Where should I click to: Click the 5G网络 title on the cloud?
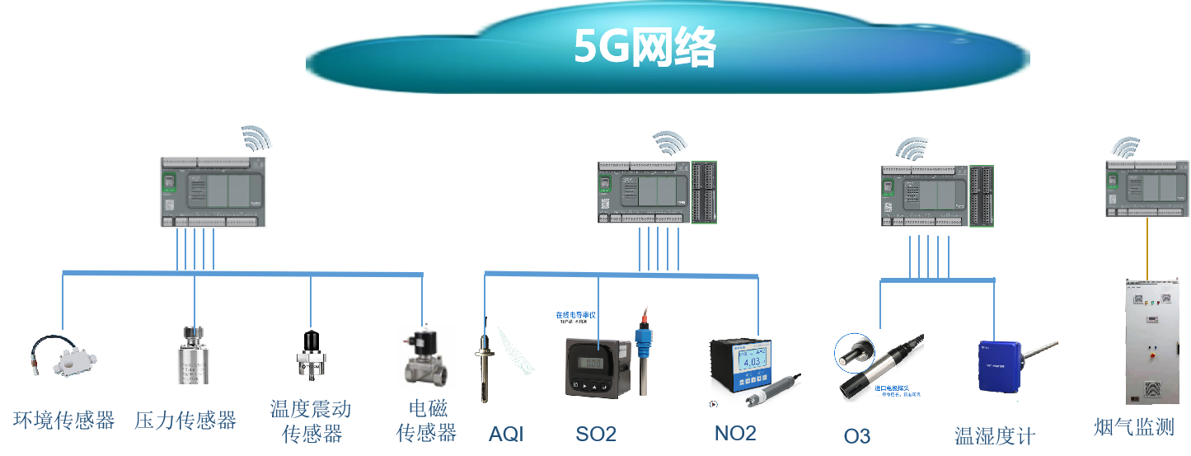(645, 49)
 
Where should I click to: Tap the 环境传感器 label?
(64, 421)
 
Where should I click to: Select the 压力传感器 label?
(185, 421)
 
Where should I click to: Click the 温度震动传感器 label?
(311, 421)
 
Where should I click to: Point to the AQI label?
(506, 434)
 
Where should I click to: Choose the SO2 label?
(595, 434)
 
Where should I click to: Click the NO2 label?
(735, 433)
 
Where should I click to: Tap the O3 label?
(857, 435)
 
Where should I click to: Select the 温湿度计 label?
(994, 435)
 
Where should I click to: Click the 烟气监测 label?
(1133, 426)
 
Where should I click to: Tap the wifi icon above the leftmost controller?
(257, 139)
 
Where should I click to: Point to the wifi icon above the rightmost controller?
(1124, 147)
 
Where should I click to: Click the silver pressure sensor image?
(194, 354)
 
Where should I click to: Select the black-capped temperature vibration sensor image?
(312, 355)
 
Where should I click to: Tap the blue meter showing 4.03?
(750, 368)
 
